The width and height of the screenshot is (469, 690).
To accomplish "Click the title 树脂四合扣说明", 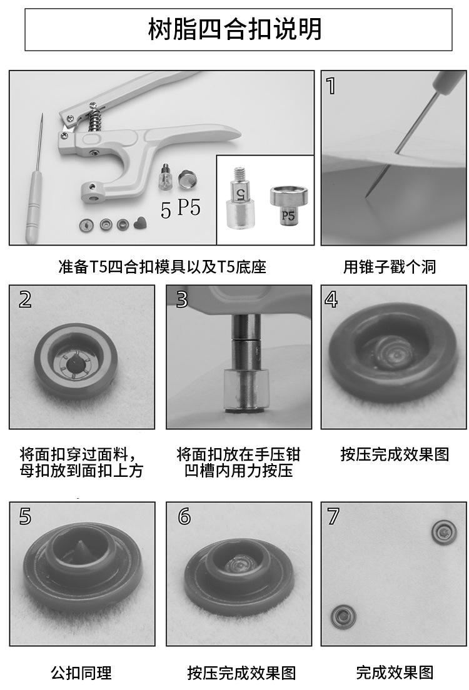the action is click(x=234, y=29).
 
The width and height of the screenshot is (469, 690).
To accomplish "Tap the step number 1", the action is click(x=331, y=86).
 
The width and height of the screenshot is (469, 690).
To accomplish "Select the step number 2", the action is click(x=25, y=299).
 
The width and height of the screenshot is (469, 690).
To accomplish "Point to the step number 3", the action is click(x=182, y=299).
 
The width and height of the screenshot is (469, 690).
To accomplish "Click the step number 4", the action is click(x=331, y=299).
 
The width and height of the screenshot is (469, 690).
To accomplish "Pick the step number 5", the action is click(x=25, y=516).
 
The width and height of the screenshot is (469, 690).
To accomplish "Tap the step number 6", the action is click(x=184, y=516).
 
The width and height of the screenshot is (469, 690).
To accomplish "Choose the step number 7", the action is click(x=333, y=516).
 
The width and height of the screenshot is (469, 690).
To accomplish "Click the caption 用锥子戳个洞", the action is click(x=390, y=267).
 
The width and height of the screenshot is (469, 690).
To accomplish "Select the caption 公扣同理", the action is click(x=81, y=672).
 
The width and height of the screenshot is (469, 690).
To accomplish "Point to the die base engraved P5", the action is click(x=288, y=204).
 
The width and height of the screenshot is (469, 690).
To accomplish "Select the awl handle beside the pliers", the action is click(x=33, y=207).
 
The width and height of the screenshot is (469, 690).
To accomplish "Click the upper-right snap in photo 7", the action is click(x=444, y=532).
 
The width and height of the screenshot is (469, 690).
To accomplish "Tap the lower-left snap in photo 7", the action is click(x=343, y=616).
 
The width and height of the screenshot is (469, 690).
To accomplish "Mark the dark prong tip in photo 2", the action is click(x=73, y=364).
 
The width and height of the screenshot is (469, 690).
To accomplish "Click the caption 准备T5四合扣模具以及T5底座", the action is click(x=163, y=267).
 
